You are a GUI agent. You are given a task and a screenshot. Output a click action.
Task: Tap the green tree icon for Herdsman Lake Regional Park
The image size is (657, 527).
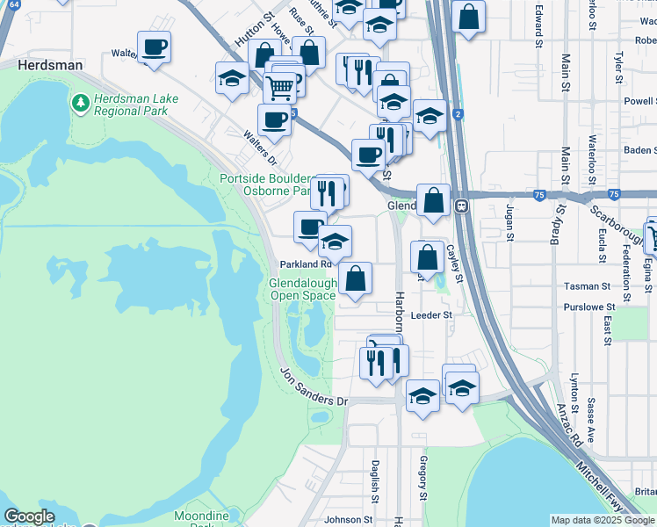click(x=81, y=104)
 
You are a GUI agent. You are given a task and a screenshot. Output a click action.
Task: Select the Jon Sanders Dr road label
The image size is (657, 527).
click(x=314, y=389)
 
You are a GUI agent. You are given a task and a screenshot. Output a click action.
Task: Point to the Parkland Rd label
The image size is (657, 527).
click(x=306, y=263)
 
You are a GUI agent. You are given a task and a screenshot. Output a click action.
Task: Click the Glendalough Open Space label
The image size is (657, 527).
click(x=302, y=289)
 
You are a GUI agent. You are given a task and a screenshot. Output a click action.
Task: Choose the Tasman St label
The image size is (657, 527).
click(x=588, y=286)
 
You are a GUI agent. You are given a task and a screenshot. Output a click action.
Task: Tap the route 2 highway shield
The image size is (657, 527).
click(x=458, y=114)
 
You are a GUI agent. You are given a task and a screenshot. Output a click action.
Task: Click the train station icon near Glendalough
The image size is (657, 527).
click(x=461, y=206)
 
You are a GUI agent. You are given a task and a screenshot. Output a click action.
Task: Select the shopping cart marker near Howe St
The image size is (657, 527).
click(x=279, y=86)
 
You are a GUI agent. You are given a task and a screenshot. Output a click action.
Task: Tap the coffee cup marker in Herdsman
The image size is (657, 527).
click(x=155, y=47)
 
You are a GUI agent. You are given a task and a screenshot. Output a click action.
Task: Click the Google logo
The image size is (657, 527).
click(x=30, y=516)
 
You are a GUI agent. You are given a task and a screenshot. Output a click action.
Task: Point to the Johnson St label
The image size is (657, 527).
click(x=343, y=519)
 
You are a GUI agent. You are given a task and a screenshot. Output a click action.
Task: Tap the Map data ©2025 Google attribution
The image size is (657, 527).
click(x=603, y=520)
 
